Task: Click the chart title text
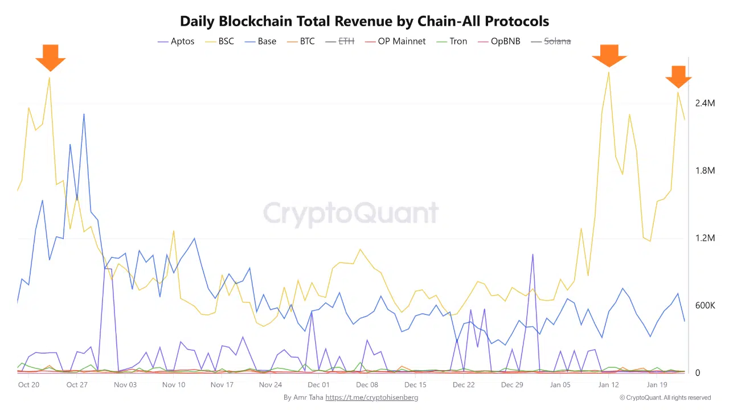[364, 22]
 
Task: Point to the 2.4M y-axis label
[705, 104]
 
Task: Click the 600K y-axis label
[705, 306]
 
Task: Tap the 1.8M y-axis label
[705, 171]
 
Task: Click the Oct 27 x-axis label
[77, 385]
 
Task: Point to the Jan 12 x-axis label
[609, 385]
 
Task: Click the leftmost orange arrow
[50, 57]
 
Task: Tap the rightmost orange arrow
[678, 77]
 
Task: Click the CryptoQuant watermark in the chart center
[351, 214]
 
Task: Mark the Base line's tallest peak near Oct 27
[84, 114]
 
